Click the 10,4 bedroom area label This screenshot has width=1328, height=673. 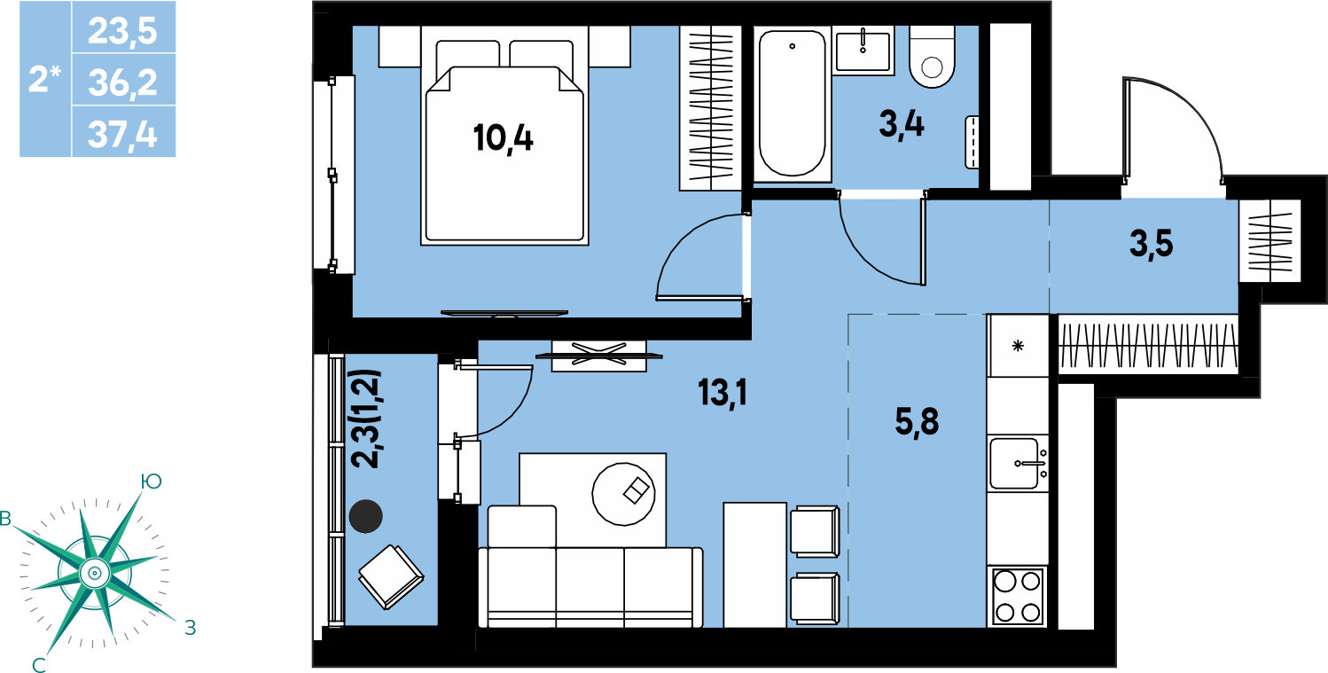[x=504, y=138]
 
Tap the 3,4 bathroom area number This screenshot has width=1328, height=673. [x=901, y=126]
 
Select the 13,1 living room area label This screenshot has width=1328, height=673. [x=723, y=393]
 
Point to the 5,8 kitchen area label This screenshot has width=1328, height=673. [x=917, y=423]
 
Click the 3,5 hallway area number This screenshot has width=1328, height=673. [x=1151, y=245]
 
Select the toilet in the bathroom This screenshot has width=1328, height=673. [x=932, y=57]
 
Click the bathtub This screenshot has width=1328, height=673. [x=792, y=104]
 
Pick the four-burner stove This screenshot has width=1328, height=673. [x=1018, y=596]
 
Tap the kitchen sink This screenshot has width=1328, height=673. [x=1018, y=464]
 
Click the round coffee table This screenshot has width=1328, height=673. [x=623, y=494]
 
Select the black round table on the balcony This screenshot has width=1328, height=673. [x=366, y=516]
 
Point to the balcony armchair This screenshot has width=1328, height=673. [x=391, y=577]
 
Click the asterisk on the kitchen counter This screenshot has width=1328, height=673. [x=1018, y=346]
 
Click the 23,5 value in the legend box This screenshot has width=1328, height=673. [x=122, y=31]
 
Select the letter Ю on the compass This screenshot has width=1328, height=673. [x=152, y=481]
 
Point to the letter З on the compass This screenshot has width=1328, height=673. [x=190, y=628]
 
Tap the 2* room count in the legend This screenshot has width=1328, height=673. [x=45, y=80]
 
